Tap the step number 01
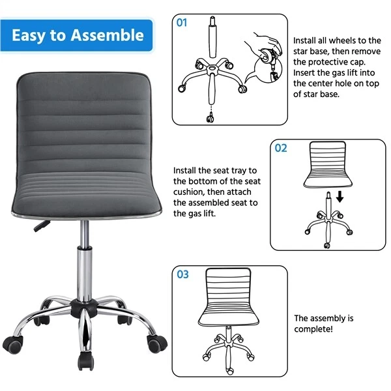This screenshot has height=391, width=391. click(182, 22)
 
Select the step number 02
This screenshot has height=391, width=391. click(281, 148)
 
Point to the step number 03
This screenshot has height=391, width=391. click(182, 274)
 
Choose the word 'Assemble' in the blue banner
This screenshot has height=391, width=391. click(107, 35)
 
